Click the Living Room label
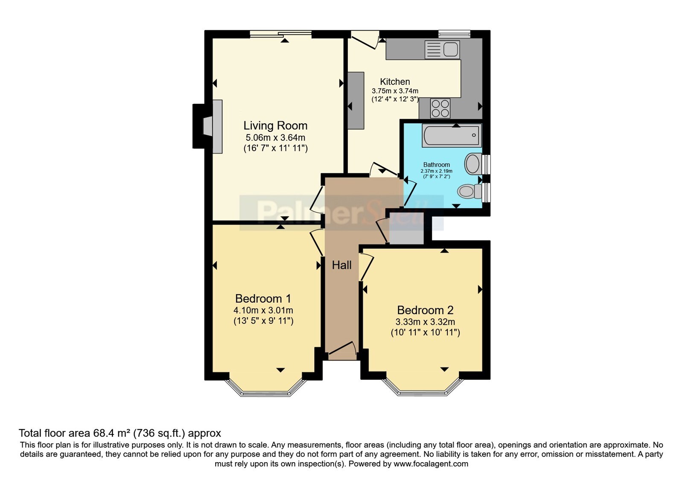(275, 125)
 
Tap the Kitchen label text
(395, 82)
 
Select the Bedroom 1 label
(263, 298)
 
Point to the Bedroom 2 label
(425, 310)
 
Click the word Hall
(342, 265)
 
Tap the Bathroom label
(436, 165)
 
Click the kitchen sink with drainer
(442, 50)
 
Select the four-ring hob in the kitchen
(440, 108)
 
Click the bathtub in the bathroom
(452, 135)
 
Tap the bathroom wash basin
(473, 164)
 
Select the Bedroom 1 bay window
(265, 388)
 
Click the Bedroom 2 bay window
(423, 388)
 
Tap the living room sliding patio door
(280, 34)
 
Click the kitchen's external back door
(365, 40)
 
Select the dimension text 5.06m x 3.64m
(275, 138)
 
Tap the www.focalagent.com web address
(431, 464)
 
